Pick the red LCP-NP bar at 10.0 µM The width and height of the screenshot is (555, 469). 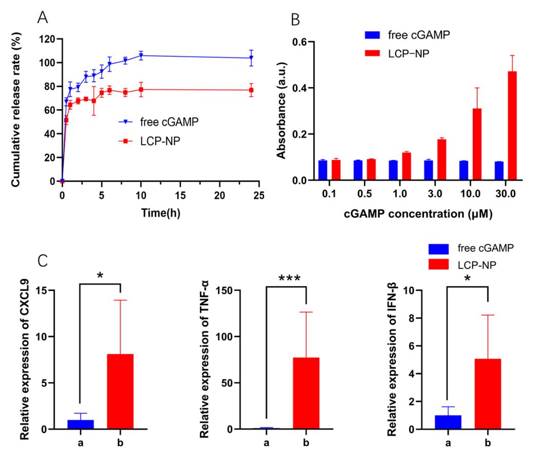477,144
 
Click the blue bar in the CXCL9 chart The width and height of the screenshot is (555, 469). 81,424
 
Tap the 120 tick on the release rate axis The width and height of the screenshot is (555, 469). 49,39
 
